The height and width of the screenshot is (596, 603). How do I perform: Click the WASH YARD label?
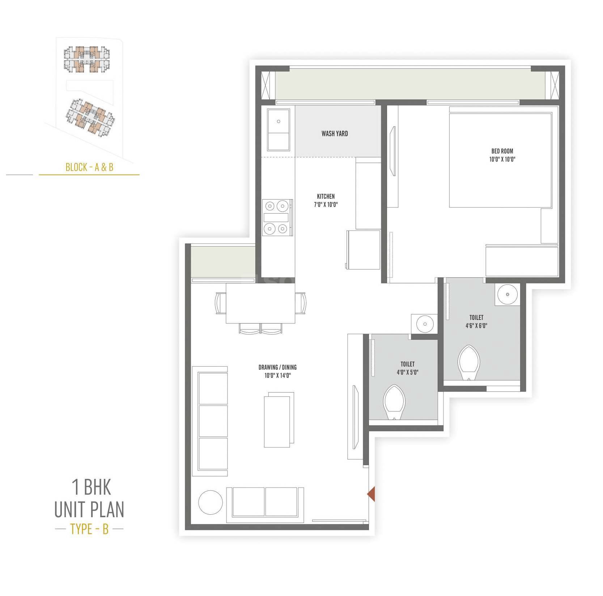(x=335, y=134)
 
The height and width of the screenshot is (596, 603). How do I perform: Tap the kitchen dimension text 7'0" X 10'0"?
(x=326, y=205)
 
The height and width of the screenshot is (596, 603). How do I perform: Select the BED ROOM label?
(x=502, y=151)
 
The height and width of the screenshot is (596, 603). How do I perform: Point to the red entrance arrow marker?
(x=371, y=494)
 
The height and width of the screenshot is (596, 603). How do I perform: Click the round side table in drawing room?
(x=211, y=502)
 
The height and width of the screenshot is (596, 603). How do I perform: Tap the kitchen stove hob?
(x=277, y=217)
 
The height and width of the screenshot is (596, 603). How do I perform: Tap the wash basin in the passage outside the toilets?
(x=425, y=324)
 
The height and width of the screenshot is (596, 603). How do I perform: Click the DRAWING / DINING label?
(x=277, y=367)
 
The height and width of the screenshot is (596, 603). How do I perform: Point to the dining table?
(x=260, y=303)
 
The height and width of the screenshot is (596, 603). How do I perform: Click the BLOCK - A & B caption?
(x=89, y=167)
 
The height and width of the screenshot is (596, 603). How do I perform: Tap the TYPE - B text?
(x=89, y=529)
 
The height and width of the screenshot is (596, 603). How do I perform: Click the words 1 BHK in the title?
(x=91, y=487)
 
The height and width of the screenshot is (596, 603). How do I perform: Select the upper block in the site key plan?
(x=87, y=59)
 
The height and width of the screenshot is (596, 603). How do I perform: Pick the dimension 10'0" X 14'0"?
(x=277, y=376)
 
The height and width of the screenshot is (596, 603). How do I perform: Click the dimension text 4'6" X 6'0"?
(x=476, y=326)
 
